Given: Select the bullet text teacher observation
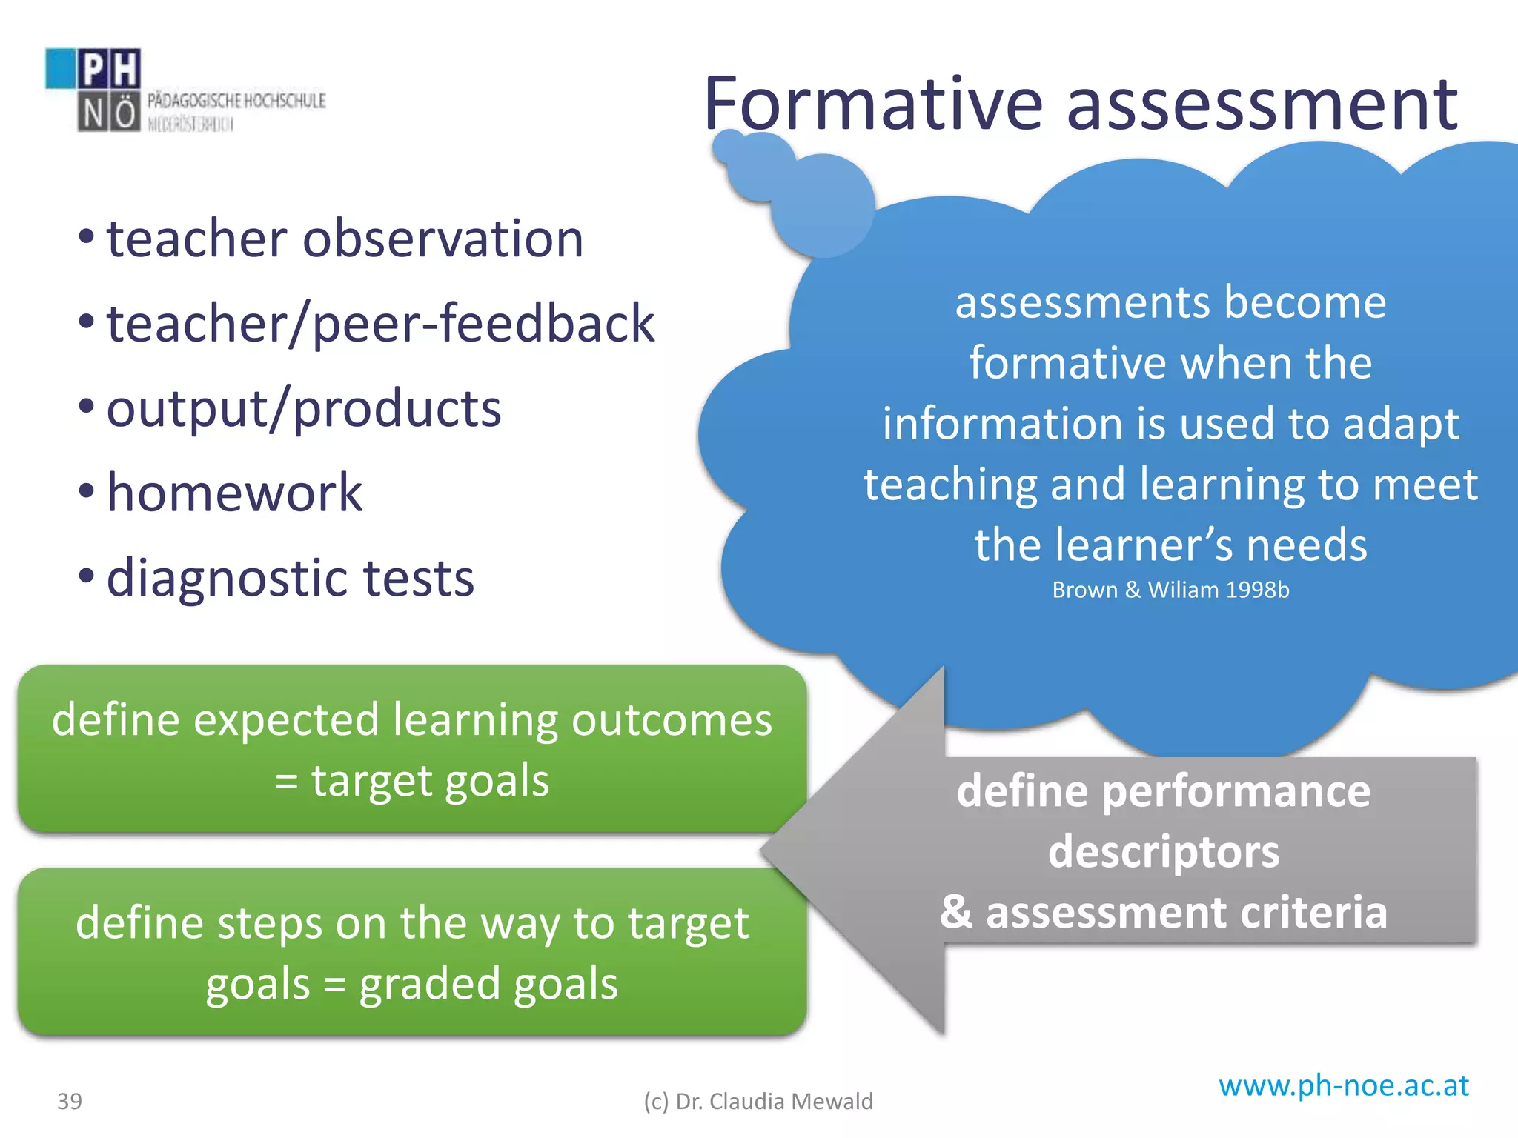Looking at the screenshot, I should pyautogui.click(x=345, y=239).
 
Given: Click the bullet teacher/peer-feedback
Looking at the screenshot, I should pyautogui.click(x=380, y=324).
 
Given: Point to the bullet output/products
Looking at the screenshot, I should pyautogui.click(x=304, y=409).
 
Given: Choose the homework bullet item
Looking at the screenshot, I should pyautogui.click(x=234, y=493).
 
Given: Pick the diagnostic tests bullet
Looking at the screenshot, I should pyautogui.click(x=290, y=579).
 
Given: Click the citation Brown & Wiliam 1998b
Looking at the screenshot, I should pyautogui.click(x=1170, y=590).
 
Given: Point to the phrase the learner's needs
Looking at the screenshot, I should pyautogui.click(x=1170, y=545).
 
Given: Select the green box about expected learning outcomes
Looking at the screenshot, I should pyautogui.click(x=412, y=749).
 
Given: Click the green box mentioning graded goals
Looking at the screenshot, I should pyautogui.click(x=412, y=953).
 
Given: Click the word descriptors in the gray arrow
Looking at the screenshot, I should pyautogui.click(x=1163, y=851).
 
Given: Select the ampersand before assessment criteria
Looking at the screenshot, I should pyautogui.click(x=956, y=912).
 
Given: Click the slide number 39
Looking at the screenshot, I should pyautogui.click(x=70, y=1102).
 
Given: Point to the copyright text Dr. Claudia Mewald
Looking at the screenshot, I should pyautogui.click(x=758, y=1102).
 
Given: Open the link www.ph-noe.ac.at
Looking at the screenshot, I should pyautogui.click(x=1343, y=1086).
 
